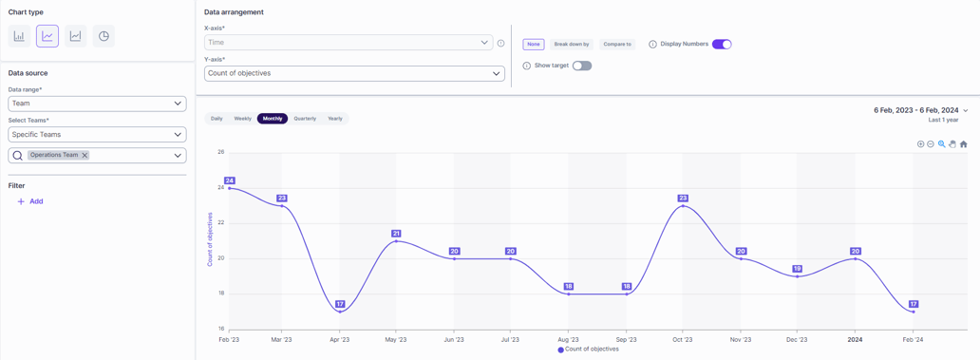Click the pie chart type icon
coord(104,36)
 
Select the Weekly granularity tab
coord(242,119)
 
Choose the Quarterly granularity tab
coord(305,119)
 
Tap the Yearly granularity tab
coord(335,119)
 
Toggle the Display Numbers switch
coord(722,44)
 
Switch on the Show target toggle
coord(582,66)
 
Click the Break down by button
coord(572,44)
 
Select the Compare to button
coord(617,44)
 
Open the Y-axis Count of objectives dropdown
coord(354,73)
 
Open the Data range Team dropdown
coord(97,104)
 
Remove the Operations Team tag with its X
coord(85,155)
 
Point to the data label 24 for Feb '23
coord(229,180)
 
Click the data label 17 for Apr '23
coord(340,304)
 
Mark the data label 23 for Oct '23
coord(683,199)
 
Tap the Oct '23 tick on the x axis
coord(683,339)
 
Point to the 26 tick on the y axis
coord(220,152)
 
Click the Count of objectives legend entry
coord(589,350)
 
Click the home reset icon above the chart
coord(963,144)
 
